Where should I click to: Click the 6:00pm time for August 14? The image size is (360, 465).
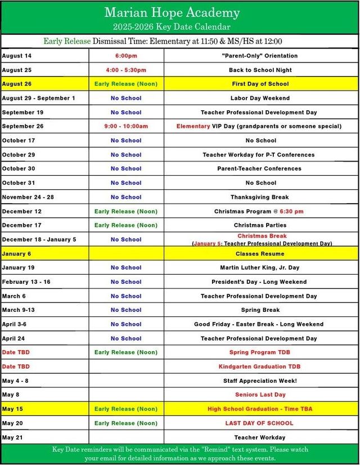point(126,56)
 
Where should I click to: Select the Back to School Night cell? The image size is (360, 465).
point(260,70)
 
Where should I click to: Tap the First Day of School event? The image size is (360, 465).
point(260,84)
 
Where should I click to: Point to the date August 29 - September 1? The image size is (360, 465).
point(38,98)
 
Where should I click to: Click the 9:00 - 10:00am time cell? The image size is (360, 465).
point(126,126)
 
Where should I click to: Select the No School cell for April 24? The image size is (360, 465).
point(126,338)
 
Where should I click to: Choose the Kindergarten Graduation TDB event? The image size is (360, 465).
point(259,366)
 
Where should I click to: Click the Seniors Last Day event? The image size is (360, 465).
point(260,395)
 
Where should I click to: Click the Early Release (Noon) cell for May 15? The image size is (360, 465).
point(126,409)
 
